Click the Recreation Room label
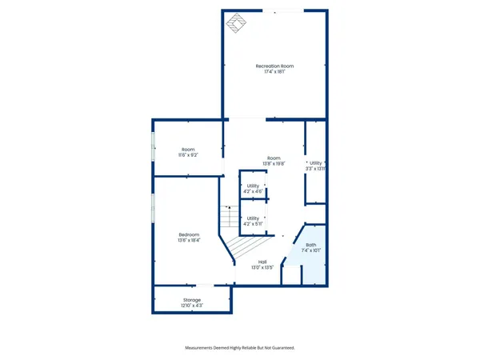pyautogui.click(x=274, y=66)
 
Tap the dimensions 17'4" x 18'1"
pyautogui.click(x=274, y=72)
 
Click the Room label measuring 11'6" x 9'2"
pyautogui.click(x=188, y=150)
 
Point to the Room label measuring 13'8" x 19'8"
pyautogui.click(x=274, y=158)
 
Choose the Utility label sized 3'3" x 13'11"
pyautogui.click(x=315, y=163)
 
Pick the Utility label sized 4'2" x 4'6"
pyautogui.click(x=253, y=186)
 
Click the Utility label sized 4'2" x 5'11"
pyautogui.click(x=253, y=218)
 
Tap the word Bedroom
pyautogui.click(x=189, y=234)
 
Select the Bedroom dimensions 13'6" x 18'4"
pyautogui.click(x=189, y=240)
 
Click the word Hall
pyautogui.click(x=262, y=262)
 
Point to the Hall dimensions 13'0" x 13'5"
pyautogui.click(x=262, y=267)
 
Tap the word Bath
pyautogui.click(x=310, y=245)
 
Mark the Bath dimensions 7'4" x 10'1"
pyautogui.click(x=310, y=250)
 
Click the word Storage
pyautogui.click(x=192, y=299)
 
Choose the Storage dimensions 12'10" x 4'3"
pyautogui.click(x=192, y=305)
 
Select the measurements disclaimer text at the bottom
pyautogui.click(x=240, y=348)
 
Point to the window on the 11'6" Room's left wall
pyautogui.click(x=154, y=149)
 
